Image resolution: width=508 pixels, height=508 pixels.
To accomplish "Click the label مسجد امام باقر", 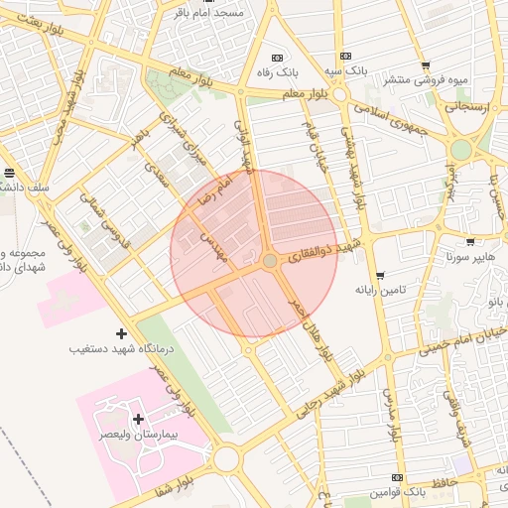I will (x=202, y=13).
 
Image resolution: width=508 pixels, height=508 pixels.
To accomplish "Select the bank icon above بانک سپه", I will (x=345, y=57).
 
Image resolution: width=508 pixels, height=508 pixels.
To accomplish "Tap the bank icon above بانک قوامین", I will (x=398, y=477).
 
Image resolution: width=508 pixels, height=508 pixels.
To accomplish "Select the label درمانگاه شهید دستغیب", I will (x=117, y=349).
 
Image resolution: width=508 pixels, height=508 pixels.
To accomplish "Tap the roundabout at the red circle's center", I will (x=270, y=260).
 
